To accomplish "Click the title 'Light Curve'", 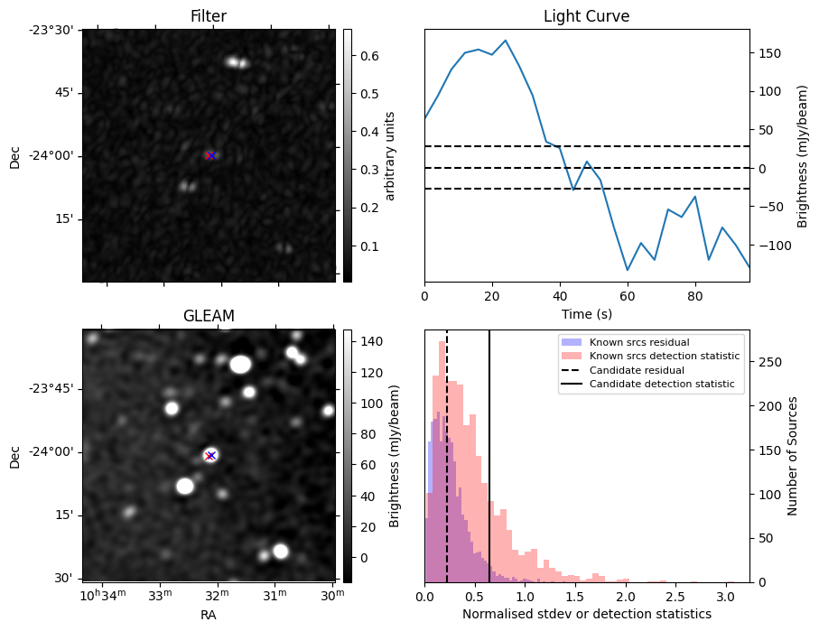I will pyautogui.click(x=586, y=17).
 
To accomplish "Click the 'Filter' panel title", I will pyautogui.click(x=209, y=17).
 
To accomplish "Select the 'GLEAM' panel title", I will pyautogui.click(x=209, y=316).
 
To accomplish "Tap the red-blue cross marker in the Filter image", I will pyautogui.click(x=210, y=155).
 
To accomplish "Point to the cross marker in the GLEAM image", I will pyautogui.click(x=210, y=455).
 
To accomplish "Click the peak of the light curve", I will pyautogui.click(x=505, y=41).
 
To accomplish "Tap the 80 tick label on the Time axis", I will pyautogui.click(x=694, y=296).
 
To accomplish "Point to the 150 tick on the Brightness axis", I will pyautogui.click(x=768, y=53).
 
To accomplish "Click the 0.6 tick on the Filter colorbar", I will pyautogui.click(x=368, y=56).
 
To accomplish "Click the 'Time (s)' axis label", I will pyautogui.click(x=586, y=314).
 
